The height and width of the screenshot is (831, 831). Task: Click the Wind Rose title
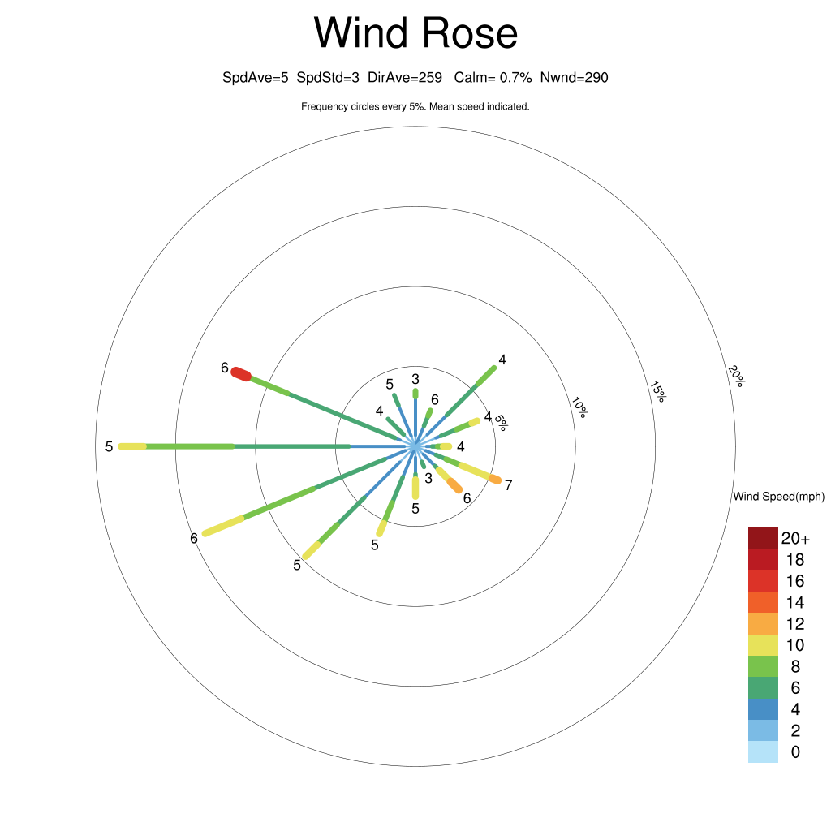coord(415,32)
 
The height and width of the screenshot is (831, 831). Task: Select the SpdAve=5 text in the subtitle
coord(256,78)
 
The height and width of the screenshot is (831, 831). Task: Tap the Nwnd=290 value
coord(574,78)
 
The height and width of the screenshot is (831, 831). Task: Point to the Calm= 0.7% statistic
coord(493,78)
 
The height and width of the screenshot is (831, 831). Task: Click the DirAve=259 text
coord(405,78)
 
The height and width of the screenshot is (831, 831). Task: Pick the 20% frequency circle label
coord(736,376)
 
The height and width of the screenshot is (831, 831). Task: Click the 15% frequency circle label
coord(657,392)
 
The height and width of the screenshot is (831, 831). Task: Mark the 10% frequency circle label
coord(579,407)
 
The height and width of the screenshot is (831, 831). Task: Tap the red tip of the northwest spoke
coord(241,373)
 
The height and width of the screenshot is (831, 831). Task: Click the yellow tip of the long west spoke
coord(132,447)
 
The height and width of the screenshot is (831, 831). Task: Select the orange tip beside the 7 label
coord(495,480)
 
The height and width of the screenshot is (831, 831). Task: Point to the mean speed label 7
coord(509,485)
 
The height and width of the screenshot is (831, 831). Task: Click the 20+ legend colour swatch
coord(763,538)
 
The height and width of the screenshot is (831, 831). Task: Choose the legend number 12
coord(795,624)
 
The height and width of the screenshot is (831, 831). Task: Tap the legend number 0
coord(795,752)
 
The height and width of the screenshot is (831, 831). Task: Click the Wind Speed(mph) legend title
coord(778,497)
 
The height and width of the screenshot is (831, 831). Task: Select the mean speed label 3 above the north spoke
coord(415,379)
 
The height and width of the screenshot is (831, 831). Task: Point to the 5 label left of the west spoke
coord(110,447)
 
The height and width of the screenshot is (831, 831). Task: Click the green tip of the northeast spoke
coord(486,376)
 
